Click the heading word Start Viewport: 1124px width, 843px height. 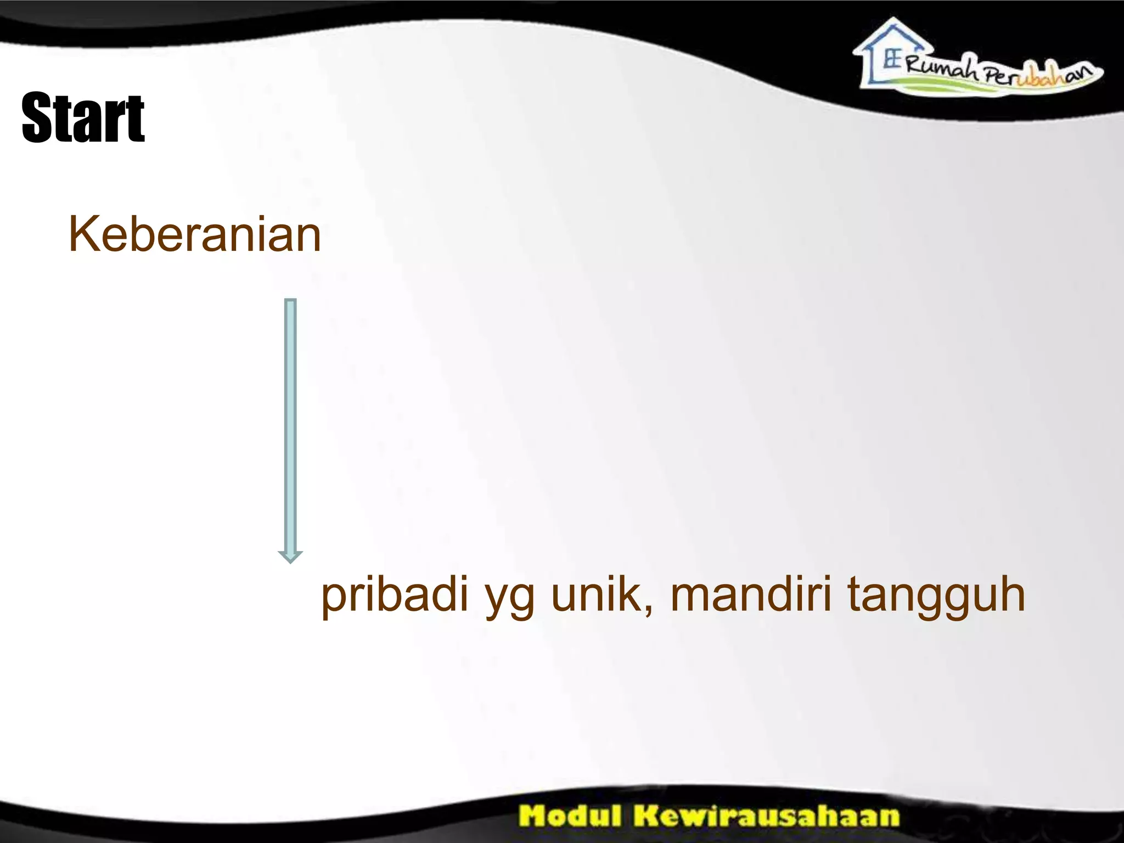(83, 118)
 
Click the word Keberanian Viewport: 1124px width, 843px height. (194, 235)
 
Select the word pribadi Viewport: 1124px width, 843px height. (395, 595)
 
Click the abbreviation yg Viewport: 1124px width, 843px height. (510, 598)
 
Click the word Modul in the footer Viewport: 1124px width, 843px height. (571, 816)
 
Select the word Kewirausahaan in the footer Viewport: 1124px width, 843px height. (767, 816)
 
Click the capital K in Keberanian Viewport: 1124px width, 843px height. (82, 234)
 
